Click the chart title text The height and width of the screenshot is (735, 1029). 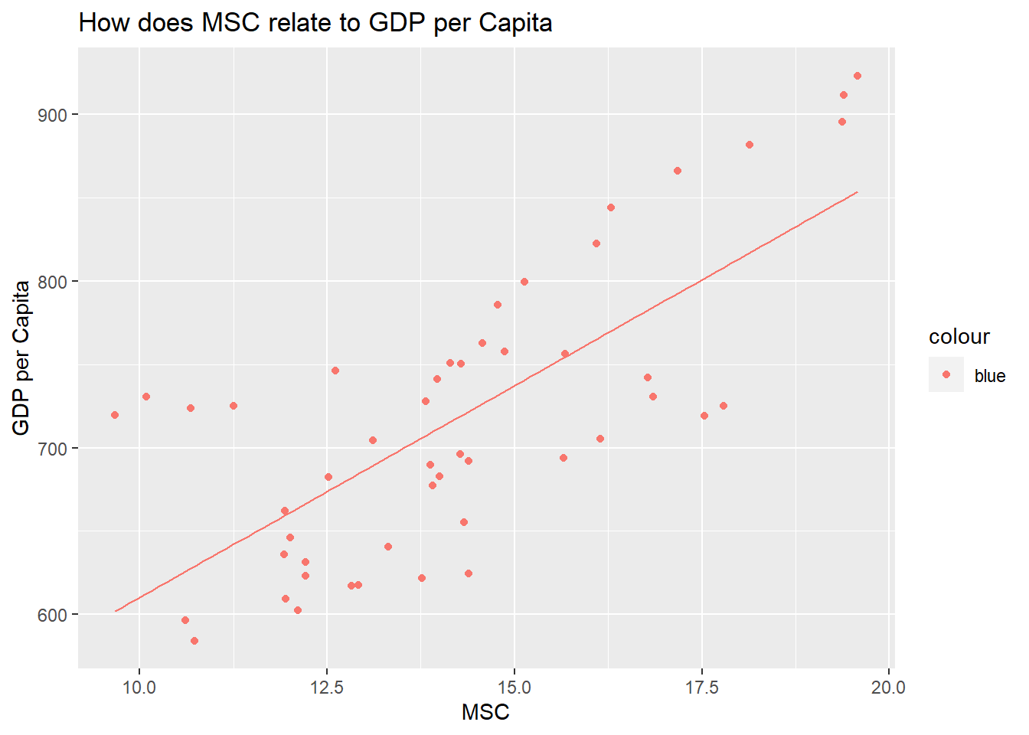pos(315,23)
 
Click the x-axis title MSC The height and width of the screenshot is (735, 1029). pos(485,712)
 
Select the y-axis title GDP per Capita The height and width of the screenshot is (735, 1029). pos(21,358)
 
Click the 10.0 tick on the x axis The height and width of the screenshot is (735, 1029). pos(139,687)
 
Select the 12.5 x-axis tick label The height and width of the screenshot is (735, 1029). pos(327,687)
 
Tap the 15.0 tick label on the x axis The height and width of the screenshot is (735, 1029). pos(514,687)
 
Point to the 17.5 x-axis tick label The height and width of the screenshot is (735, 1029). pos(702,687)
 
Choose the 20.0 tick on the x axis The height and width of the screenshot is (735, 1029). pos(889,687)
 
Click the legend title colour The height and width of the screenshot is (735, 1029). pos(959,337)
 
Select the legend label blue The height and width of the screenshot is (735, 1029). pos(989,376)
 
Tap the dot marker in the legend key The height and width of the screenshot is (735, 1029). pos(946,374)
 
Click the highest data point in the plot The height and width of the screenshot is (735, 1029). pos(857,76)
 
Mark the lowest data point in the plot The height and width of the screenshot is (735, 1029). pos(194,641)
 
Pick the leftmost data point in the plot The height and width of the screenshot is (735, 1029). pos(115,415)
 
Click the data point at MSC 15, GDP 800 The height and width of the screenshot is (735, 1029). pos(524,282)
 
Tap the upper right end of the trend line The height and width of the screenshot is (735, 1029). pos(857,192)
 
